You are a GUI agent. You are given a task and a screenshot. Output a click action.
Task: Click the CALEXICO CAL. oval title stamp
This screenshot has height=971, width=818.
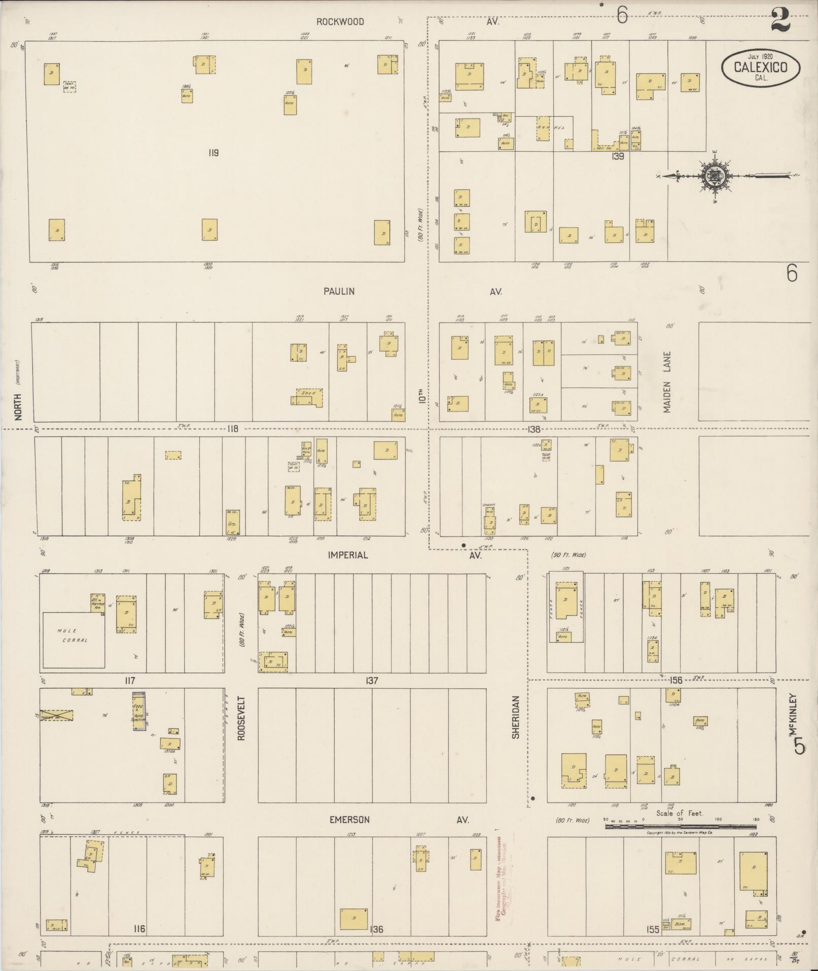(761, 67)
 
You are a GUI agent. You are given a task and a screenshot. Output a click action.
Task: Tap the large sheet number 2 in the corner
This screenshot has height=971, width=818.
(779, 20)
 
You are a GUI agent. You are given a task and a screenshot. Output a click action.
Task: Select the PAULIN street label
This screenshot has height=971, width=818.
(339, 291)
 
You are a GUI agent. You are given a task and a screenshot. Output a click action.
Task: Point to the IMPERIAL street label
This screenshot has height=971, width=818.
(347, 555)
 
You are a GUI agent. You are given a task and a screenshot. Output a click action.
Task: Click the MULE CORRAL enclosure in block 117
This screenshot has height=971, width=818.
(74, 640)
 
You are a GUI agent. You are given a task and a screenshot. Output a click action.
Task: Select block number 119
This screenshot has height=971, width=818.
(213, 153)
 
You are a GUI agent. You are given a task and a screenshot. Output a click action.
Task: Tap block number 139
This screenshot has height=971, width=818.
(617, 157)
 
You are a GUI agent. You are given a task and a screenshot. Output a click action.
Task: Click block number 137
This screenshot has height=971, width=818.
(372, 681)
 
